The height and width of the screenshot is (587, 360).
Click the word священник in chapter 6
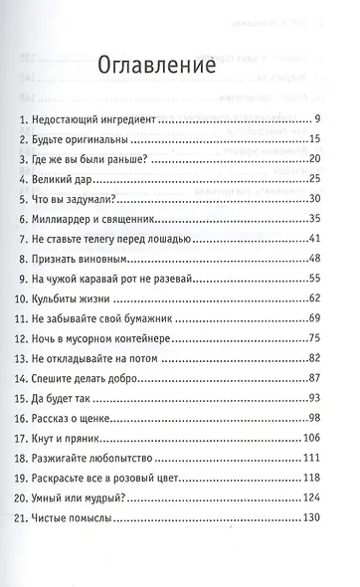coord(174,222)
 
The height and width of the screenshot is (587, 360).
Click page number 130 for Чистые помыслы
coord(311,550)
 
